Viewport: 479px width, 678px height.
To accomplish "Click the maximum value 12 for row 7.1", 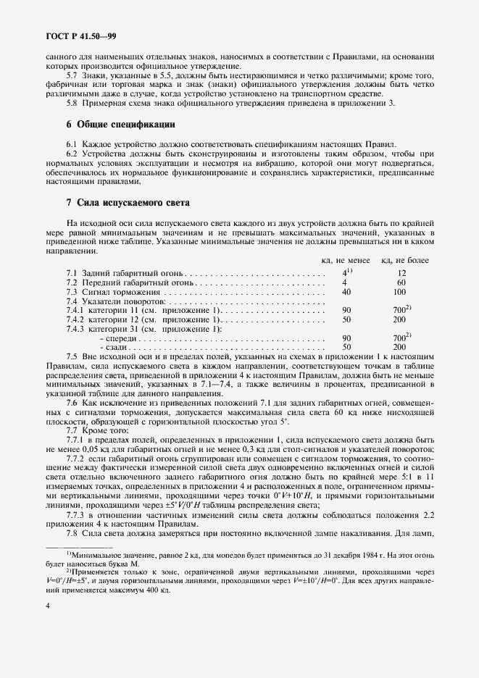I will point(401,273).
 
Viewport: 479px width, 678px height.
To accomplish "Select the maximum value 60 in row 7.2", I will point(401,282).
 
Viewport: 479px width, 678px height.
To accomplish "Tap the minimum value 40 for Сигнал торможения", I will point(346,291).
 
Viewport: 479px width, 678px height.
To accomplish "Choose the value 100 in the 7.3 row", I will point(399,291).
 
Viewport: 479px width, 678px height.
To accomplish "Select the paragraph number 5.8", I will point(72,104).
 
